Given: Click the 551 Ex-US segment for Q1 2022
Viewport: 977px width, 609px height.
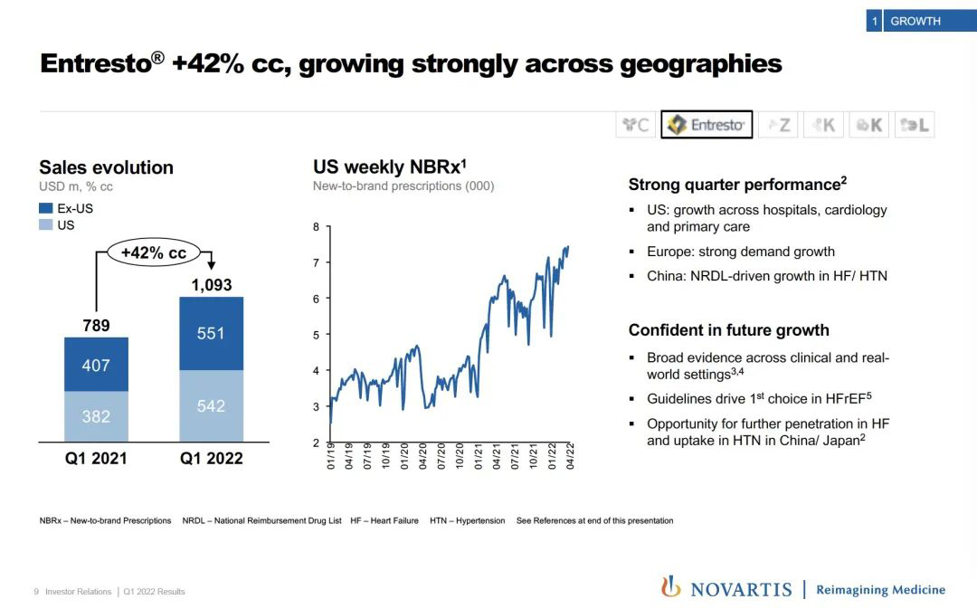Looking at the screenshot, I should click(x=211, y=333).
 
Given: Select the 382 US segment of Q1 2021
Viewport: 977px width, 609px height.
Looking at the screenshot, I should click(x=96, y=416).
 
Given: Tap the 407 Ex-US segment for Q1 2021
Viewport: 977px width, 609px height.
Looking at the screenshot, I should click(x=96, y=365).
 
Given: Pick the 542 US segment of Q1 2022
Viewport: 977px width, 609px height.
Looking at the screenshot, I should click(x=211, y=406).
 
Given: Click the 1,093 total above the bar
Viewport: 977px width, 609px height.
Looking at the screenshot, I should click(x=211, y=285).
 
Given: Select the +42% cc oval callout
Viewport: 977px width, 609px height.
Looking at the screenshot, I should click(x=154, y=252).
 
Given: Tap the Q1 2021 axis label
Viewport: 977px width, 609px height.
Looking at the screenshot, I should click(x=96, y=458).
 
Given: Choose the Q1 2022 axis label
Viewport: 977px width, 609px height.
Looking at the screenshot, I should click(x=211, y=458).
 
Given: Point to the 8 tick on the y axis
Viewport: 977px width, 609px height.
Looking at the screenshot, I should click(x=316, y=227).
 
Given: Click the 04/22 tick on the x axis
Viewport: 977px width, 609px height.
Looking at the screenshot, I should click(x=570, y=455).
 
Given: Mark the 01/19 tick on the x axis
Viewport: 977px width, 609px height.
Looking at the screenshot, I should click(x=331, y=455).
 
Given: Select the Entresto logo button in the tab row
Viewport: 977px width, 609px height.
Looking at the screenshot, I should click(x=707, y=125).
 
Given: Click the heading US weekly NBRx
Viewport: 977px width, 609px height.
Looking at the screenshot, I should click(x=389, y=167).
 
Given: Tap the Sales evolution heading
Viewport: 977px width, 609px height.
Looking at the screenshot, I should click(x=106, y=167).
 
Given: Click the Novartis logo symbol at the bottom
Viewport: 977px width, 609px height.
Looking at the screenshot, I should click(x=671, y=587).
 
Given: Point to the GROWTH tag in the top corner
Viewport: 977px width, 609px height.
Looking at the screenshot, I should click(x=915, y=21).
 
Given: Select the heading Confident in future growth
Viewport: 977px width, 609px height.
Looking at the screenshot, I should click(x=728, y=330).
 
